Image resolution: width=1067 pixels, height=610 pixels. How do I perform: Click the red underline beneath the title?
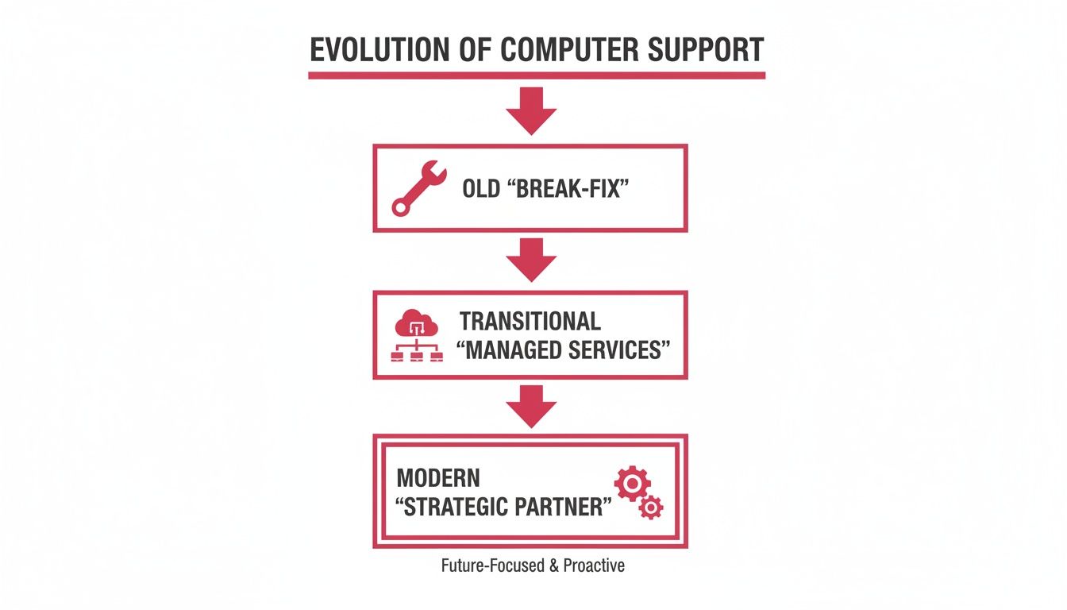tap(537, 75)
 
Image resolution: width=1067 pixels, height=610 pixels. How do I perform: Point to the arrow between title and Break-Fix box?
tap(531, 110)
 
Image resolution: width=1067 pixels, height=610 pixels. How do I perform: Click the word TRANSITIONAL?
tap(530, 321)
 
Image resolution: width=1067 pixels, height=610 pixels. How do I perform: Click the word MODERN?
tap(438, 478)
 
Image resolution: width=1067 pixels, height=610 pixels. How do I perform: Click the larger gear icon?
tap(632, 484)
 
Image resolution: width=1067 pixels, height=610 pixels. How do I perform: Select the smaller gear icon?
tap(651, 507)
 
